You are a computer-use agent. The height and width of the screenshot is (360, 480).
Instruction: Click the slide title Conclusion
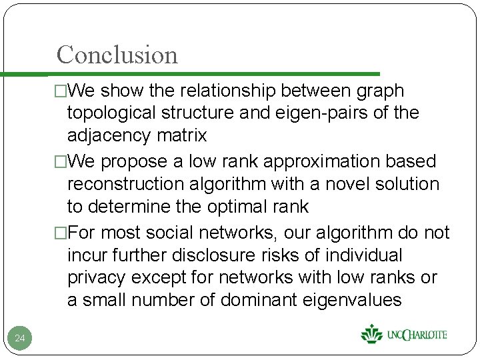[117, 55]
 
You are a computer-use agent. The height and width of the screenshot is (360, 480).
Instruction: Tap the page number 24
[20, 339]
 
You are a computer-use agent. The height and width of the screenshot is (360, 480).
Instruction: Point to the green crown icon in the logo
[370, 333]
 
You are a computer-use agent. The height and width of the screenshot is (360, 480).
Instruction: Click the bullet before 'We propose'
[61, 161]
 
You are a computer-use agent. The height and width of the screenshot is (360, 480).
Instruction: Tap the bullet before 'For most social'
[61, 233]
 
